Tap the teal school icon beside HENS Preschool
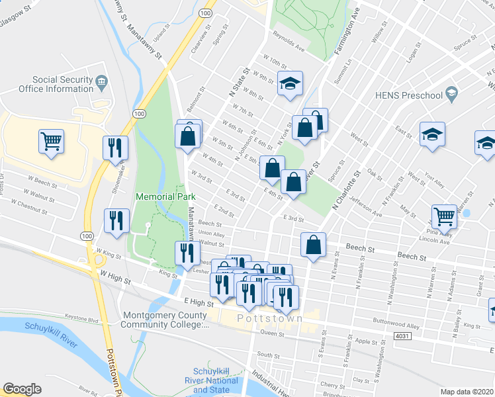click(452, 94)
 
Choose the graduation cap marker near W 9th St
click(289, 84)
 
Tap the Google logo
click(22, 389)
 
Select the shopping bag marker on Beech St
click(313, 245)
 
